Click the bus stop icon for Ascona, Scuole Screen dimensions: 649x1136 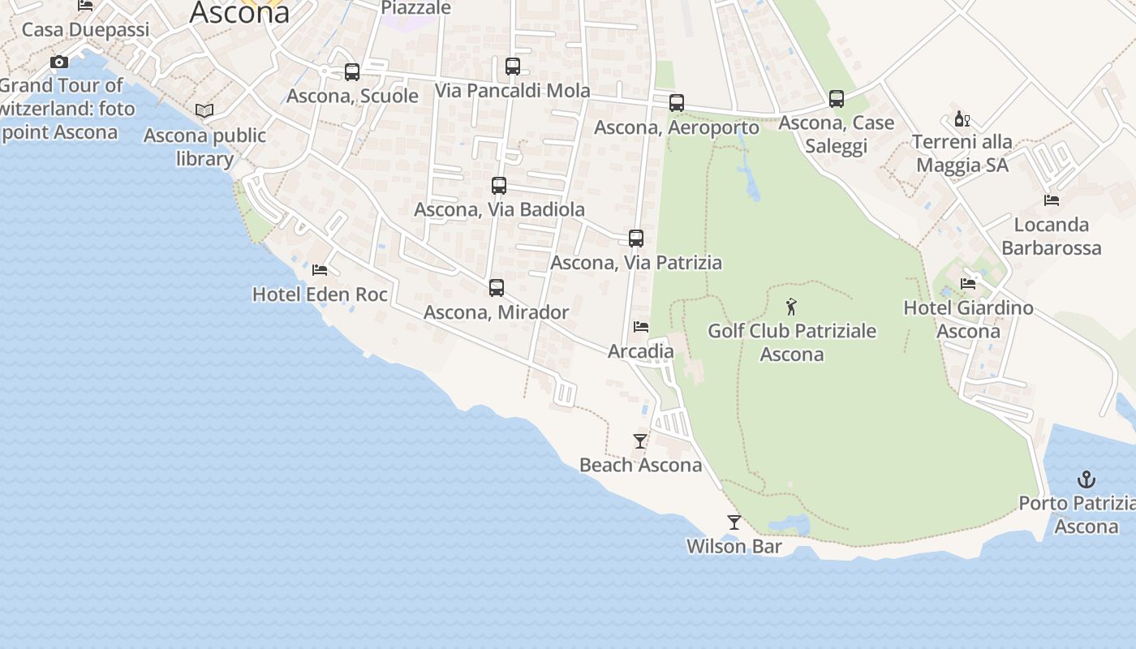click(352, 72)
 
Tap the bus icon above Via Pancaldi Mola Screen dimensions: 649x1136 click(513, 67)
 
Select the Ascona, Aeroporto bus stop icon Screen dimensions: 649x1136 click(677, 103)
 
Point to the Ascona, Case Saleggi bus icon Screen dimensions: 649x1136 click(837, 99)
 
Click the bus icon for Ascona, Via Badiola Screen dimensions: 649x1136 click(499, 186)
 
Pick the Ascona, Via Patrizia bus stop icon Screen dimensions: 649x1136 click(636, 239)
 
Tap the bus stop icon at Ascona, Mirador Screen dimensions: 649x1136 click(497, 288)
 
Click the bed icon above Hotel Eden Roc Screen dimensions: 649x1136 click(320, 270)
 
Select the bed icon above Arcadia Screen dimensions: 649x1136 click(641, 327)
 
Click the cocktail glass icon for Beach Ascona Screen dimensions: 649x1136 click(640, 441)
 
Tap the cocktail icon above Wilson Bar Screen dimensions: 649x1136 click(734, 522)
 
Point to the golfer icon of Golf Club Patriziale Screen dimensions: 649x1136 click(792, 307)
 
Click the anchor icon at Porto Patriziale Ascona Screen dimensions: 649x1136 click(1086, 479)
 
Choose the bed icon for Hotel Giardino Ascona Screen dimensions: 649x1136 click(968, 284)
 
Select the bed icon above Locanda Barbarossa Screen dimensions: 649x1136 click(1052, 200)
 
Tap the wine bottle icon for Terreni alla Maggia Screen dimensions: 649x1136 click(962, 118)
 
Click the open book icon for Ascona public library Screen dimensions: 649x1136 click(204, 110)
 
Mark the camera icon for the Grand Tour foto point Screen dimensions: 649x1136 click(59, 62)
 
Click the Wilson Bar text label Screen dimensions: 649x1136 click(734, 547)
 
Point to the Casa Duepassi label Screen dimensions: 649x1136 click(86, 30)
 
